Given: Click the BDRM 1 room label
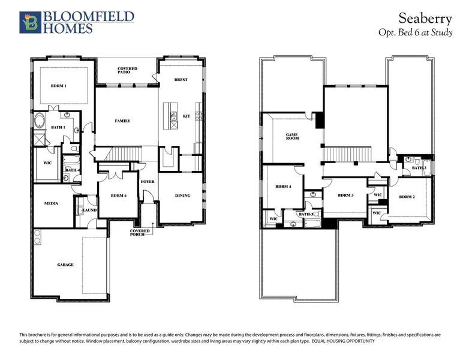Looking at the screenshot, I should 58,86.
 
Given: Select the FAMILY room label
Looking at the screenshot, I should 122,121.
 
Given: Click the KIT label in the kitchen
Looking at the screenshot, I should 186,116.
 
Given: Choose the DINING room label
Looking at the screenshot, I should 182,196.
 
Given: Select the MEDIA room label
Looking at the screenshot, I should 51,204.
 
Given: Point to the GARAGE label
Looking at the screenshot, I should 65,265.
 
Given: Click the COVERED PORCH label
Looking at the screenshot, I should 140,233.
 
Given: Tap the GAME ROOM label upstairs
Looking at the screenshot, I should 292,136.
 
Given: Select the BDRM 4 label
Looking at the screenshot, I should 283,187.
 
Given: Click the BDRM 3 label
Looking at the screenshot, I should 345,196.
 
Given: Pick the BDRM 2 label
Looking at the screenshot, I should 407,197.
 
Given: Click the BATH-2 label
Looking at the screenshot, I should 419,169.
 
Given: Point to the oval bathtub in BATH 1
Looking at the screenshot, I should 40,121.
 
